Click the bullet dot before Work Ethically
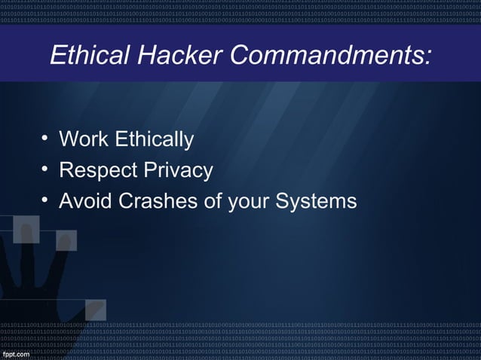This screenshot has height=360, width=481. click(x=45, y=138)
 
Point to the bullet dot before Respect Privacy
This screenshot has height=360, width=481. click(x=45, y=169)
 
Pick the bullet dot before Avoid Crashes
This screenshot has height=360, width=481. click(x=45, y=200)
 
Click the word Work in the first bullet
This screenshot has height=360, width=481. click(x=84, y=140)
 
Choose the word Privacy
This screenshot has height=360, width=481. click(x=181, y=172)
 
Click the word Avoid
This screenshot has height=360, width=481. click(x=84, y=202)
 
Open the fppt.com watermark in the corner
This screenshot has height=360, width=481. click(x=16, y=353)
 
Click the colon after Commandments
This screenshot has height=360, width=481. click(x=429, y=57)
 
